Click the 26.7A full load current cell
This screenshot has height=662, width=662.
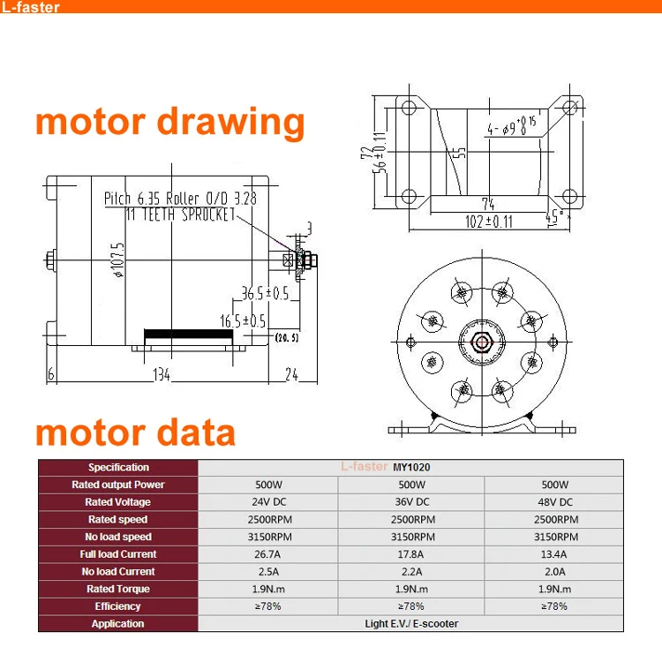[x=266, y=554]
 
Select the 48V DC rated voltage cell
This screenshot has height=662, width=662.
[x=556, y=502]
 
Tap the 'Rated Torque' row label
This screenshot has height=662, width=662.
[x=117, y=589]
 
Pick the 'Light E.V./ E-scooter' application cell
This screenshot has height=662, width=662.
[x=411, y=624]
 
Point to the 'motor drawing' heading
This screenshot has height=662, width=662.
[x=169, y=122]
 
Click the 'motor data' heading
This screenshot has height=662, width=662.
[x=135, y=433]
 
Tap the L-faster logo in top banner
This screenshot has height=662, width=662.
[x=31, y=8]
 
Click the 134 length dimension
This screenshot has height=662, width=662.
[x=162, y=375]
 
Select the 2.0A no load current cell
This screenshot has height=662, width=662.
[x=556, y=572]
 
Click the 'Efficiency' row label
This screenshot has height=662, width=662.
[x=117, y=606]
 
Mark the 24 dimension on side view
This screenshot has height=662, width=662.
[x=291, y=375]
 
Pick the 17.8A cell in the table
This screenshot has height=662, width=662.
[x=411, y=554]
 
